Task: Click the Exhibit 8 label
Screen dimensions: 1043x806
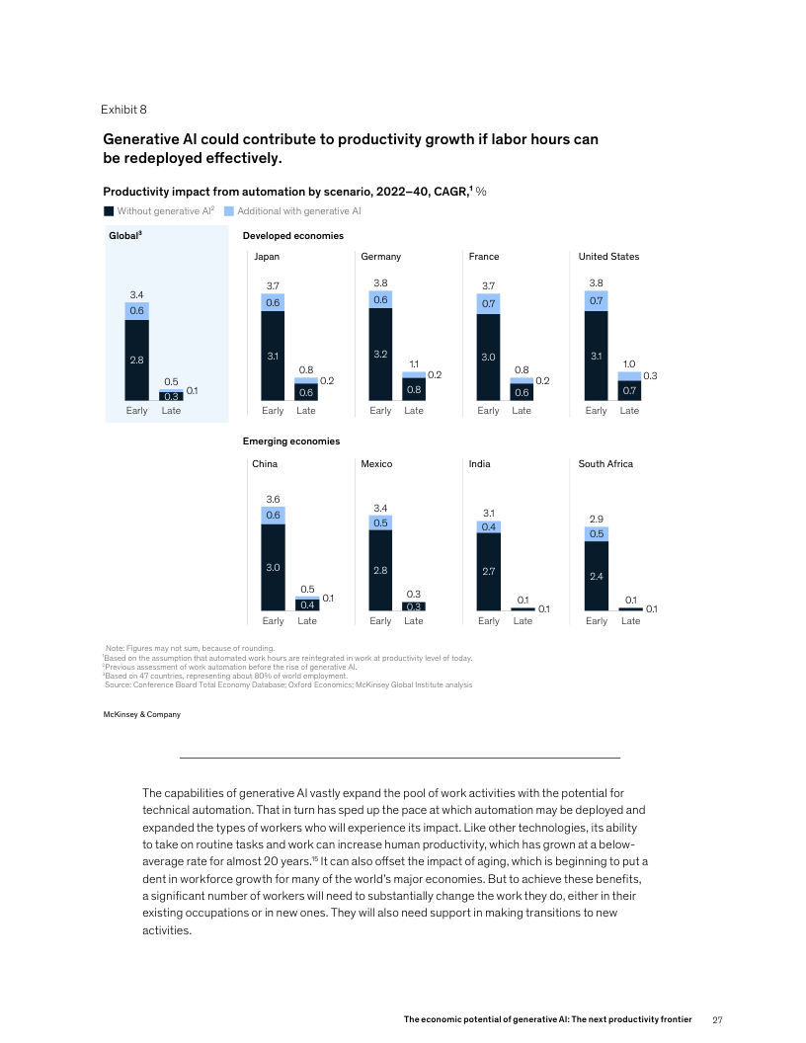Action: [x=123, y=109]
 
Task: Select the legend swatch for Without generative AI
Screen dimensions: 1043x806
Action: [x=109, y=210]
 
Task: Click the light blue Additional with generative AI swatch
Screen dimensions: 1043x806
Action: [x=229, y=210]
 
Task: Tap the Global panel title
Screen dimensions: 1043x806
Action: [x=125, y=236]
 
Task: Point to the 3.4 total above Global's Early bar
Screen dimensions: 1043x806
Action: [x=137, y=294]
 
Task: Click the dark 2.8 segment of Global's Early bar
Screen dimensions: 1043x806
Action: [x=137, y=360]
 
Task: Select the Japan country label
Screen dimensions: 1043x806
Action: [x=267, y=257]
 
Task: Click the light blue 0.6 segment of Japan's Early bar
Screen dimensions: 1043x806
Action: [x=273, y=302]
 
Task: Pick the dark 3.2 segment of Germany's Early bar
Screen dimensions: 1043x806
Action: [x=380, y=353]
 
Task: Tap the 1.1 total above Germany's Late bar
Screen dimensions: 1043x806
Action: [x=414, y=364]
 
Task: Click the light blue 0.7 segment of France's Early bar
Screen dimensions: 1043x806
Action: [x=488, y=303]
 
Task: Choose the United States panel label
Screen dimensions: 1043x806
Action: [x=608, y=257]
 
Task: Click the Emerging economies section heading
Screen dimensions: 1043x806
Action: [x=291, y=441]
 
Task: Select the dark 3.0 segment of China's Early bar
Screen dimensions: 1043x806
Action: [x=273, y=567]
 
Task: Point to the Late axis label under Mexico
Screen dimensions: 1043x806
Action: [x=414, y=621]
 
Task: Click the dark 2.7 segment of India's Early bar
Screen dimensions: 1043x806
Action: [x=488, y=571]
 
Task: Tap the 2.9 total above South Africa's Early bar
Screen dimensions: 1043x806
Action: [x=596, y=518]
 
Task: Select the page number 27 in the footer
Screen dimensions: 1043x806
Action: [x=718, y=1018]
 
